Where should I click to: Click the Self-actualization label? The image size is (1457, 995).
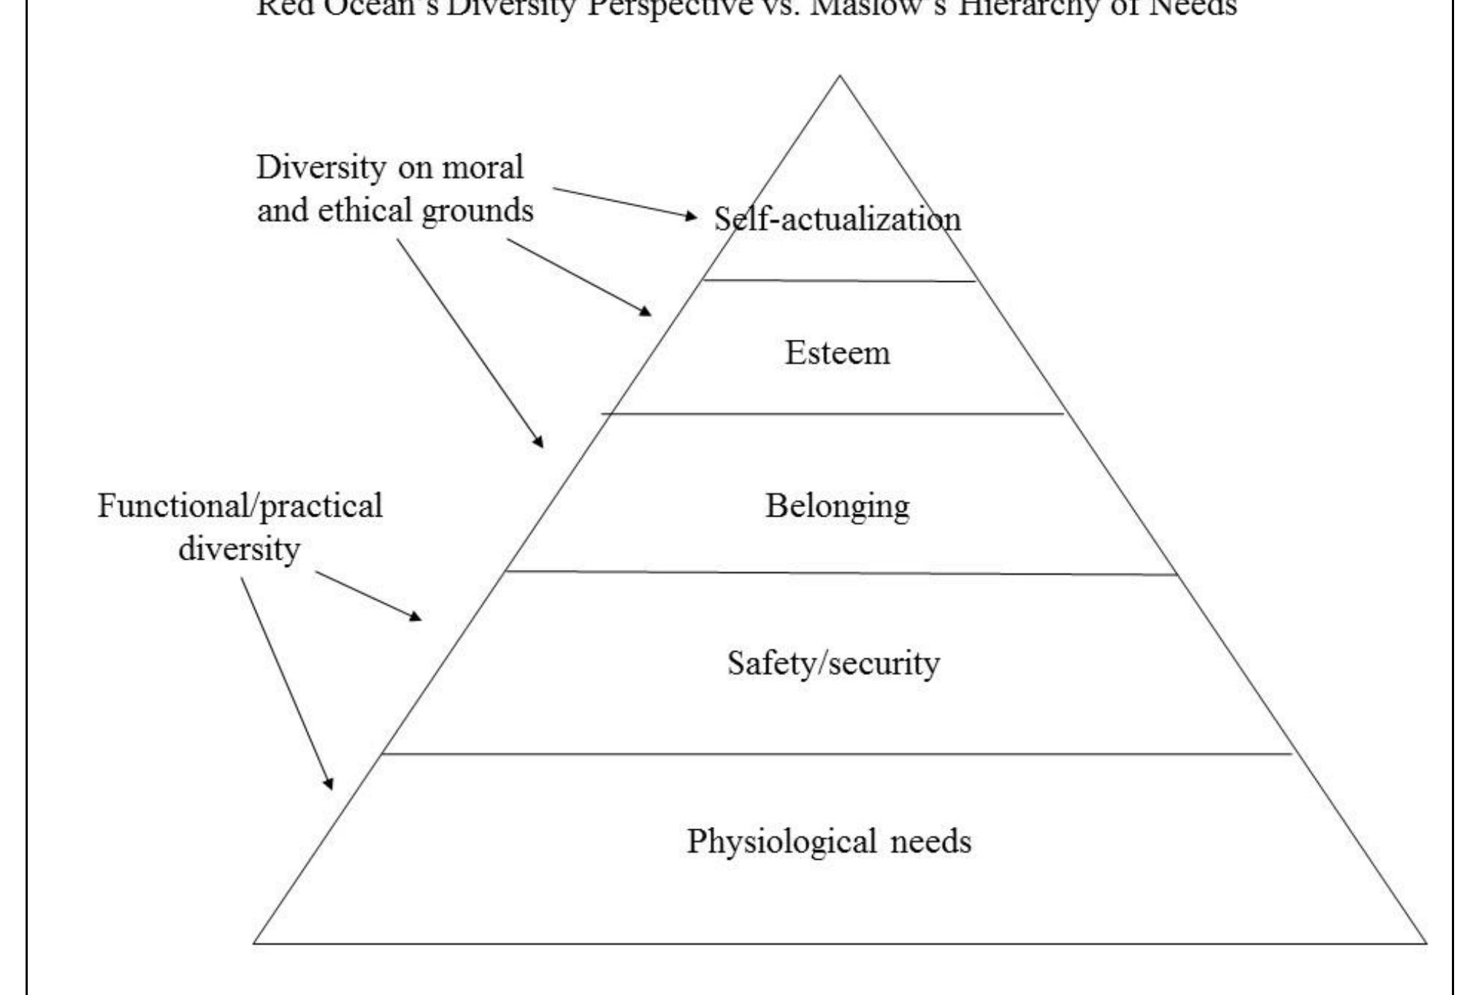(x=837, y=219)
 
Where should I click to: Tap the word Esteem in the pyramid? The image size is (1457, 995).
(x=837, y=353)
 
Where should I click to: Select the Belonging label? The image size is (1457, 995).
(x=837, y=506)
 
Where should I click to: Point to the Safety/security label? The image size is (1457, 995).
(x=833, y=663)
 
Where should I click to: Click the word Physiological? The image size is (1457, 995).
(x=781, y=842)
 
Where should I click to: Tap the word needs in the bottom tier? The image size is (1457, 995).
(x=930, y=842)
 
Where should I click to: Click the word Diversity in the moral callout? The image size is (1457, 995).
(x=321, y=167)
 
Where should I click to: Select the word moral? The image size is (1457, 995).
(x=483, y=167)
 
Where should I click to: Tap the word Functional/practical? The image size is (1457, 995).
(x=240, y=506)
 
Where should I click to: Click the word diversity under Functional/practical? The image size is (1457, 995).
(x=239, y=549)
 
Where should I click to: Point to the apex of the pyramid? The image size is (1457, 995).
(x=840, y=76)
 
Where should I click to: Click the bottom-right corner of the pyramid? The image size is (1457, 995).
(x=1425, y=943)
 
